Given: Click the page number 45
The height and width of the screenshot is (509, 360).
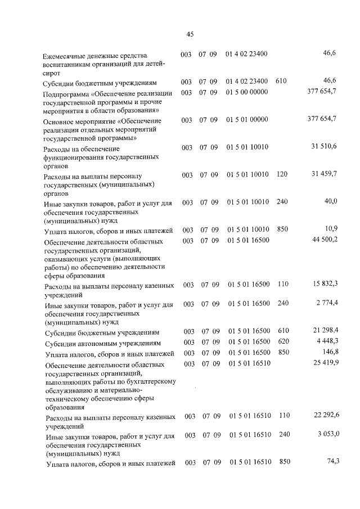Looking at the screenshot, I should [x=190, y=34].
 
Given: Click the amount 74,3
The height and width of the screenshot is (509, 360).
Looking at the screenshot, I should [x=332, y=462].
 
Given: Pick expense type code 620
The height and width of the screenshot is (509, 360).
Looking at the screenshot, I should [x=283, y=342].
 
